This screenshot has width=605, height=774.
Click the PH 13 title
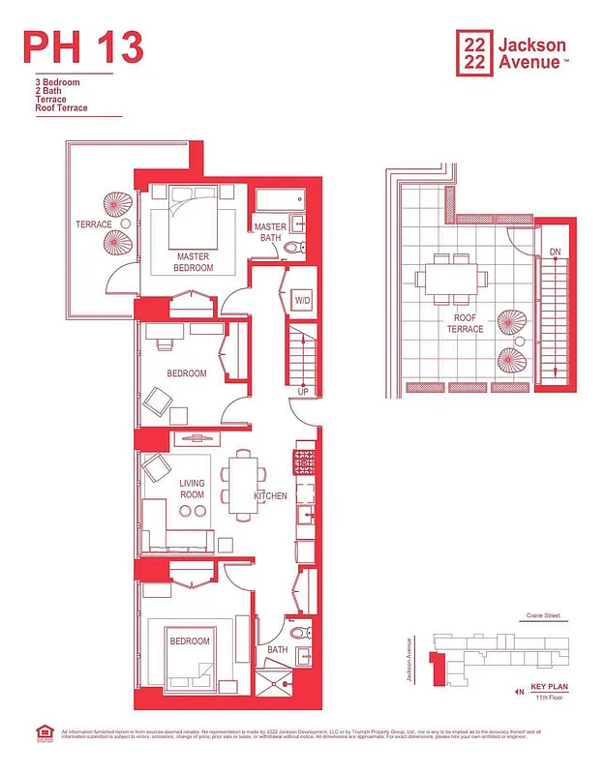83,46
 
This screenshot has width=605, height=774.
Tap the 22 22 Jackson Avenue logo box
473,52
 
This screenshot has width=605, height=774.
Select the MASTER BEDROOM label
194,262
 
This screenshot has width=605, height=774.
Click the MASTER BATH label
270,232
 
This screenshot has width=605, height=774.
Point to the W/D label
302,301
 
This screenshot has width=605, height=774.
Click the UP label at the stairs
303,392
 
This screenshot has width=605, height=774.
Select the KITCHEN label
271,496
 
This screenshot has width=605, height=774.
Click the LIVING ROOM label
192,490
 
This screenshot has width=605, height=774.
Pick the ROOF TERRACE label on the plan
465,323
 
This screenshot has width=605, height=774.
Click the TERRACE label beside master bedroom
94,224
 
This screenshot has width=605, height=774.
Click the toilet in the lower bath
300,634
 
